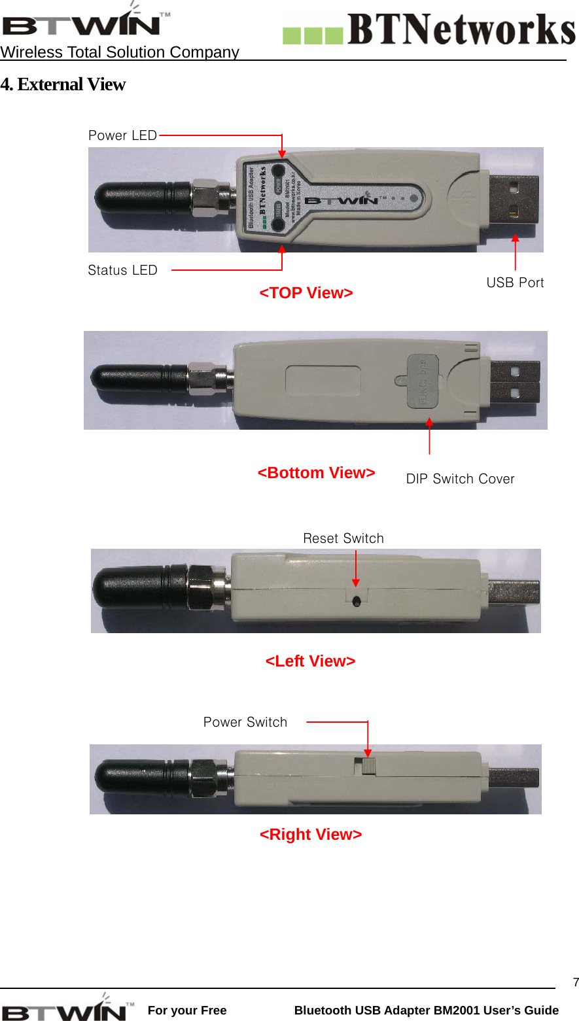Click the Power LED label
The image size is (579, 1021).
(x=122, y=135)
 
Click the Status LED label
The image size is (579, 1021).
(x=122, y=270)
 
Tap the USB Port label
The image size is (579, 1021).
(x=515, y=283)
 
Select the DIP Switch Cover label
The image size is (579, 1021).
(x=460, y=479)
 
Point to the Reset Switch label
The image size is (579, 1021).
(x=343, y=538)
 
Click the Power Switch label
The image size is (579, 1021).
(x=245, y=722)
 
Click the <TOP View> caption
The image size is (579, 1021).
(x=306, y=293)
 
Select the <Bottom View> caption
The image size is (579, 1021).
(x=317, y=473)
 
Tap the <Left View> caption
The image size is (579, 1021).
(x=311, y=661)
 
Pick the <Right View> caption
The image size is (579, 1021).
(x=311, y=835)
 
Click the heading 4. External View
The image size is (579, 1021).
(x=63, y=84)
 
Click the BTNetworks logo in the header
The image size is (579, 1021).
(x=429, y=30)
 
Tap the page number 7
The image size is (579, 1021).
(x=575, y=982)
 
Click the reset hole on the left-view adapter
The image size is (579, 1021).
(x=356, y=601)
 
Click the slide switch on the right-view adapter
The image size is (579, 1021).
(x=368, y=766)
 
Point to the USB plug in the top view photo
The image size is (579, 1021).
(x=515, y=198)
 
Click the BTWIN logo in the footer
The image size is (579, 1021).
(x=69, y=1009)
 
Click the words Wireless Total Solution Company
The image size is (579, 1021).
(x=120, y=52)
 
